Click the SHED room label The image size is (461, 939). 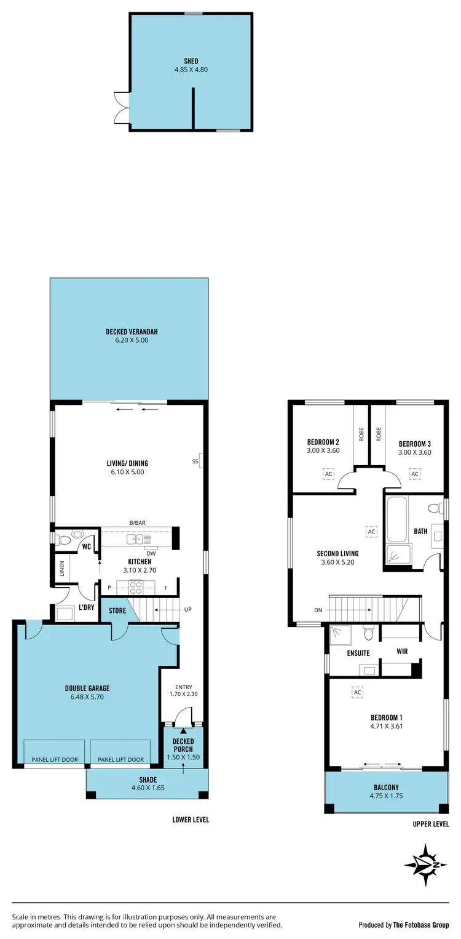point(191,62)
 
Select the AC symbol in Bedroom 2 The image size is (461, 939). point(328,474)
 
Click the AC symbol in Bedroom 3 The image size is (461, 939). point(415,474)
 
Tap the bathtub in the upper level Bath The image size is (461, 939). point(396,520)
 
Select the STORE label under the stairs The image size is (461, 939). point(117,611)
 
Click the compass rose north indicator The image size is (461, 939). point(426,865)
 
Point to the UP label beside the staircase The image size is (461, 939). point(187,610)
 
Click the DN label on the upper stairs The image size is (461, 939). point(317,610)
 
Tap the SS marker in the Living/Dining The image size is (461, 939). point(195,461)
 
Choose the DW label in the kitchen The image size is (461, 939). point(151,553)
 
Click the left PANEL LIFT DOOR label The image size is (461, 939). point(55,759)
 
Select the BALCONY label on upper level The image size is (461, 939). point(386,787)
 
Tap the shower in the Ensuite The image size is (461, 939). point(338,634)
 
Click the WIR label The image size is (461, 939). point(402,651)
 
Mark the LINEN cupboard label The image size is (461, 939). point(62,569)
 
